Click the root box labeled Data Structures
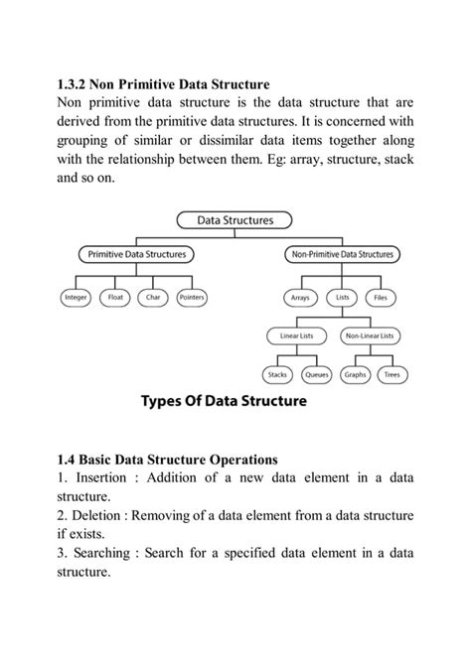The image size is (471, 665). tap(236, 220)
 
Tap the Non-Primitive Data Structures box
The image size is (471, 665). tap(342, 254)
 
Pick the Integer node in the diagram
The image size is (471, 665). tap(76, 297)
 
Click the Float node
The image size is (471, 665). tap(115, 297)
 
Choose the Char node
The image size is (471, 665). tap(153, 297)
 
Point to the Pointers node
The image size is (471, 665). tap(192, 297)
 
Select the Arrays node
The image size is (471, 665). tap(299, 297)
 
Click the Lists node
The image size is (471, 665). tap(342, 297)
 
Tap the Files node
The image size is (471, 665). tap(381, 297)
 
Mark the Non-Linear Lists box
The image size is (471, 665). tap(371, 336)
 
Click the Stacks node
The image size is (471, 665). tap(277, 375)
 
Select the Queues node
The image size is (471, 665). tap(317, 375)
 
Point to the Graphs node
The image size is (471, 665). tap(355, 375)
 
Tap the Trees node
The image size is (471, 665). tap(392, 375)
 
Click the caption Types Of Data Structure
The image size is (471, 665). tap(224, 402)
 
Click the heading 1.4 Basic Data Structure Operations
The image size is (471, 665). tap(167, 460)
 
